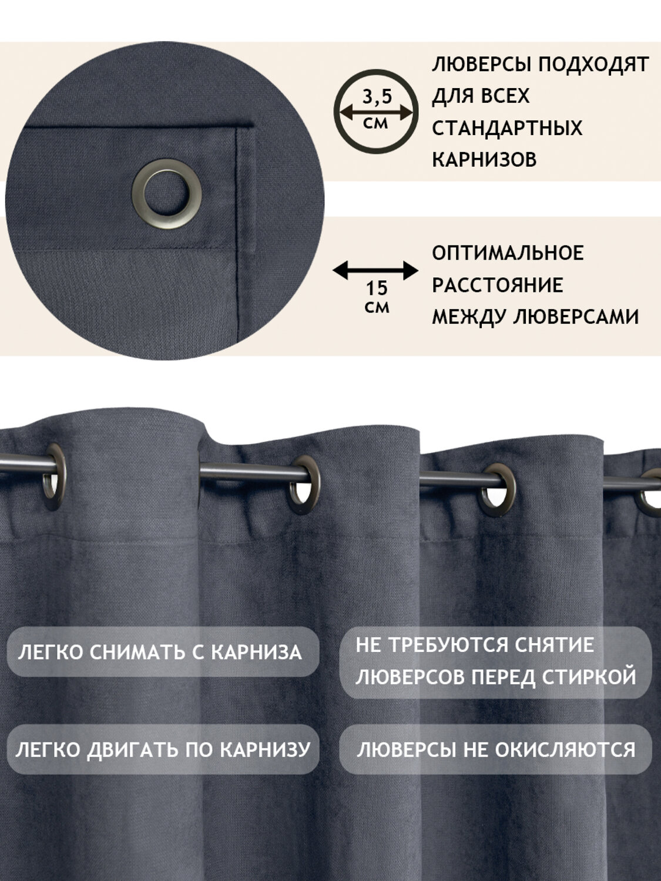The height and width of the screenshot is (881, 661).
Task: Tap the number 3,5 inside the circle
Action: [x=377, y=97]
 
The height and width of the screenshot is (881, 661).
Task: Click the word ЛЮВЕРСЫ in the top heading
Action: [x=482, y=64]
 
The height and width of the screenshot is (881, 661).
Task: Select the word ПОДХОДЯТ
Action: [x=593, y=64]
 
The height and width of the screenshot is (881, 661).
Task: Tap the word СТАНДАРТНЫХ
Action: [x=507, y=128]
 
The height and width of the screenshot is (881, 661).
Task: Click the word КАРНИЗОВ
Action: [x=484, y=160]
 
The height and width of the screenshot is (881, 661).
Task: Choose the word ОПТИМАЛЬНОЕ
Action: [x=508, y=253]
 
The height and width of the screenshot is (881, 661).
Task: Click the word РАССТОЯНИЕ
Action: [x=498, y=285]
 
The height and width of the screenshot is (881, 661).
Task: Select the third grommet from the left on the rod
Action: [x=498, y=491]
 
